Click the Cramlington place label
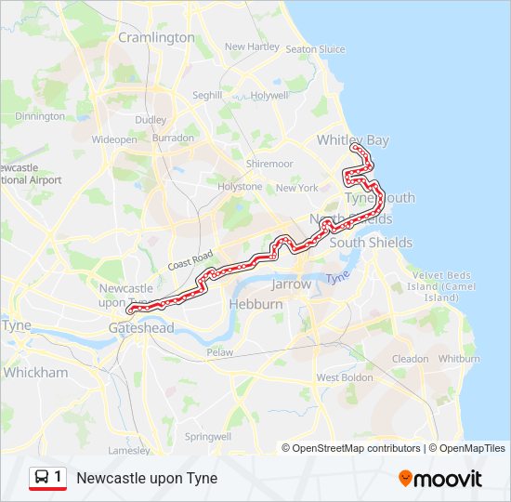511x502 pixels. pyautogui.click(x=156, y=38)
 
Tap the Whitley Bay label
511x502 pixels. pyautogui.click(x=352, y=140)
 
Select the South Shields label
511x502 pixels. pyautogui.click(x=371, y=243)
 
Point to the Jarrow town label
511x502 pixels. pyautogui.click(x=292, y=284)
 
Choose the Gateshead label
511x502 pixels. pyautogui.click(x=140, y=329)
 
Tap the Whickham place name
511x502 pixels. pyautogui.click(x=36, y=372)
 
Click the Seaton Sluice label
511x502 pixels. pyautogui.click(x=315, y=49)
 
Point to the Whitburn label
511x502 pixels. pyautogui.click(x=458, y=359)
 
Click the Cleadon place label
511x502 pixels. pyautogui.click(x=410, y=359)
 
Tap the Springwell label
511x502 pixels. pyautogui.click(x=207, y=436)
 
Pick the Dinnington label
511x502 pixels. pyautogui.click(x=40, y=116)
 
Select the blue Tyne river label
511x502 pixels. pyautogui.click(x=341, y=277)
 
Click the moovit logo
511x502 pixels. pyautogui.click(x=440, y=479)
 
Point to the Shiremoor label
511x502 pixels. pyautogui.click(x=269, y=164)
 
